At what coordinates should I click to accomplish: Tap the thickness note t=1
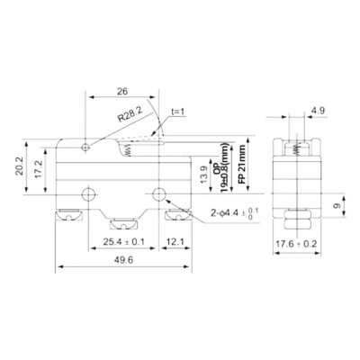(x=178, y=112)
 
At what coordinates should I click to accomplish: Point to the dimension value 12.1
(x=176, y=242)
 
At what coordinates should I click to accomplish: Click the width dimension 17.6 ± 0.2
(x=297, y=242)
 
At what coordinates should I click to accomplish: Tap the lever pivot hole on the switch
(x=84, y=145)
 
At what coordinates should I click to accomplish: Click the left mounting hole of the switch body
(x=89, y=193)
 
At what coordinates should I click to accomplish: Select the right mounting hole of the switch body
(x=160, y=193)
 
